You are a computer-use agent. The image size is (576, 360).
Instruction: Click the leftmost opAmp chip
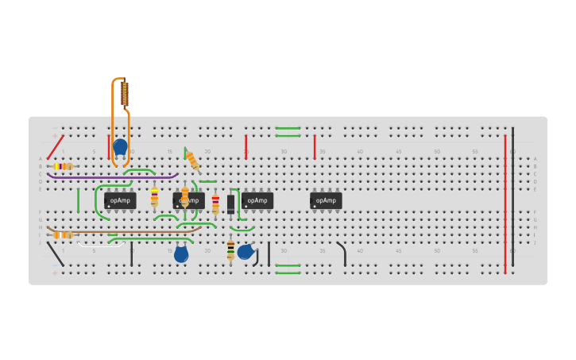coord(120,200)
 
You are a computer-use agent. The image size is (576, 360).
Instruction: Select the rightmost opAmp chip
coord(326,200)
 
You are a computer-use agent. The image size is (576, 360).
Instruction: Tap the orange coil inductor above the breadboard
coord(125,94)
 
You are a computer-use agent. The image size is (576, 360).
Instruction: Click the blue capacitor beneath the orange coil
coord(120,147)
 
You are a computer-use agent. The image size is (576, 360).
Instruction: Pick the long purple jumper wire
coord(111,176)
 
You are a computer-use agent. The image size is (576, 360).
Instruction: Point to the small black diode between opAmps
coord(231,203)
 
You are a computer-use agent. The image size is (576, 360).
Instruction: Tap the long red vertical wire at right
coord(504,203)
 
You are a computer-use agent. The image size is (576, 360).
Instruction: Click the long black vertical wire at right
coord(512,195)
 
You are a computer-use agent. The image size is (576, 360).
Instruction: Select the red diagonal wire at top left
coord(55,147)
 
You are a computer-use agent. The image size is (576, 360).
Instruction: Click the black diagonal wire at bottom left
coord(56,254)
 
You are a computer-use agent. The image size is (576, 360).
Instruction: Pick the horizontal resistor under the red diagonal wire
coord(63,166)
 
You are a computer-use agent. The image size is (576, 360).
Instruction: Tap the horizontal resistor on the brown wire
coord(63,234)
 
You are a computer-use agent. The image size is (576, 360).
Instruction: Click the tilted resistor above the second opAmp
coord(192,161)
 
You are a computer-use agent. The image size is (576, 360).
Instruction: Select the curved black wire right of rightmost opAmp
coord(342,253)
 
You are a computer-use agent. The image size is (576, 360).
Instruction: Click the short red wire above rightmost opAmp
coord(315,146)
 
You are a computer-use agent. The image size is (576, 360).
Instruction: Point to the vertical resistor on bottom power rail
coord(230,250)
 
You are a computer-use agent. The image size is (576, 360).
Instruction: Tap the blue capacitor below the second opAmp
coord(181,254)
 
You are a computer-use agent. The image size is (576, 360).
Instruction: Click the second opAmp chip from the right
coord(257,200)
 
